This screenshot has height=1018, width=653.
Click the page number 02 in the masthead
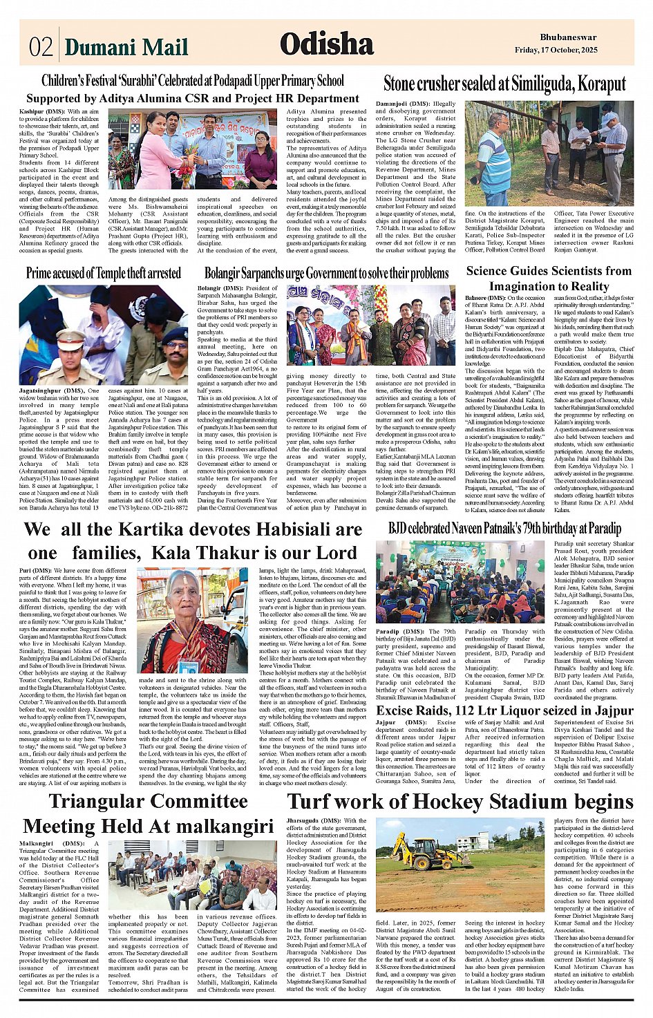click(41, 46)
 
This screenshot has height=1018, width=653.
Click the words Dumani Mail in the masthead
click(126, 47)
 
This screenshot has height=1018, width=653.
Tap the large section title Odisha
click(327, 44)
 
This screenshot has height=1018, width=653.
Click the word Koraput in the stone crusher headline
click(596, 84)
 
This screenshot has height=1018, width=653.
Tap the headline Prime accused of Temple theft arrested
click(104, 273)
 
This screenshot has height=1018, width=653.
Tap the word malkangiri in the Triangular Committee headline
click(229, 827)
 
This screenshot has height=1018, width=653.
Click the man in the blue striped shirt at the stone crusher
click(493, 160)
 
